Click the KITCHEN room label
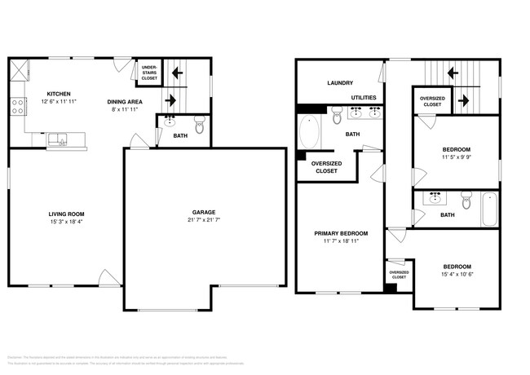point(57,93)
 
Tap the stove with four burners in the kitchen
point(17,106)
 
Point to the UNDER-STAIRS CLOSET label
point(149,73)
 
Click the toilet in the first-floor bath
point(200,125)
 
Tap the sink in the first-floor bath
point(170,122)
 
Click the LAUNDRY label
point(338,82)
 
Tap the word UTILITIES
point(364,97)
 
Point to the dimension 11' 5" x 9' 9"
point(456,158)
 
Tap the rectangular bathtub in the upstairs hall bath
point(488,208)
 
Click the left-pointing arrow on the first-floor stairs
point(176,73)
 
